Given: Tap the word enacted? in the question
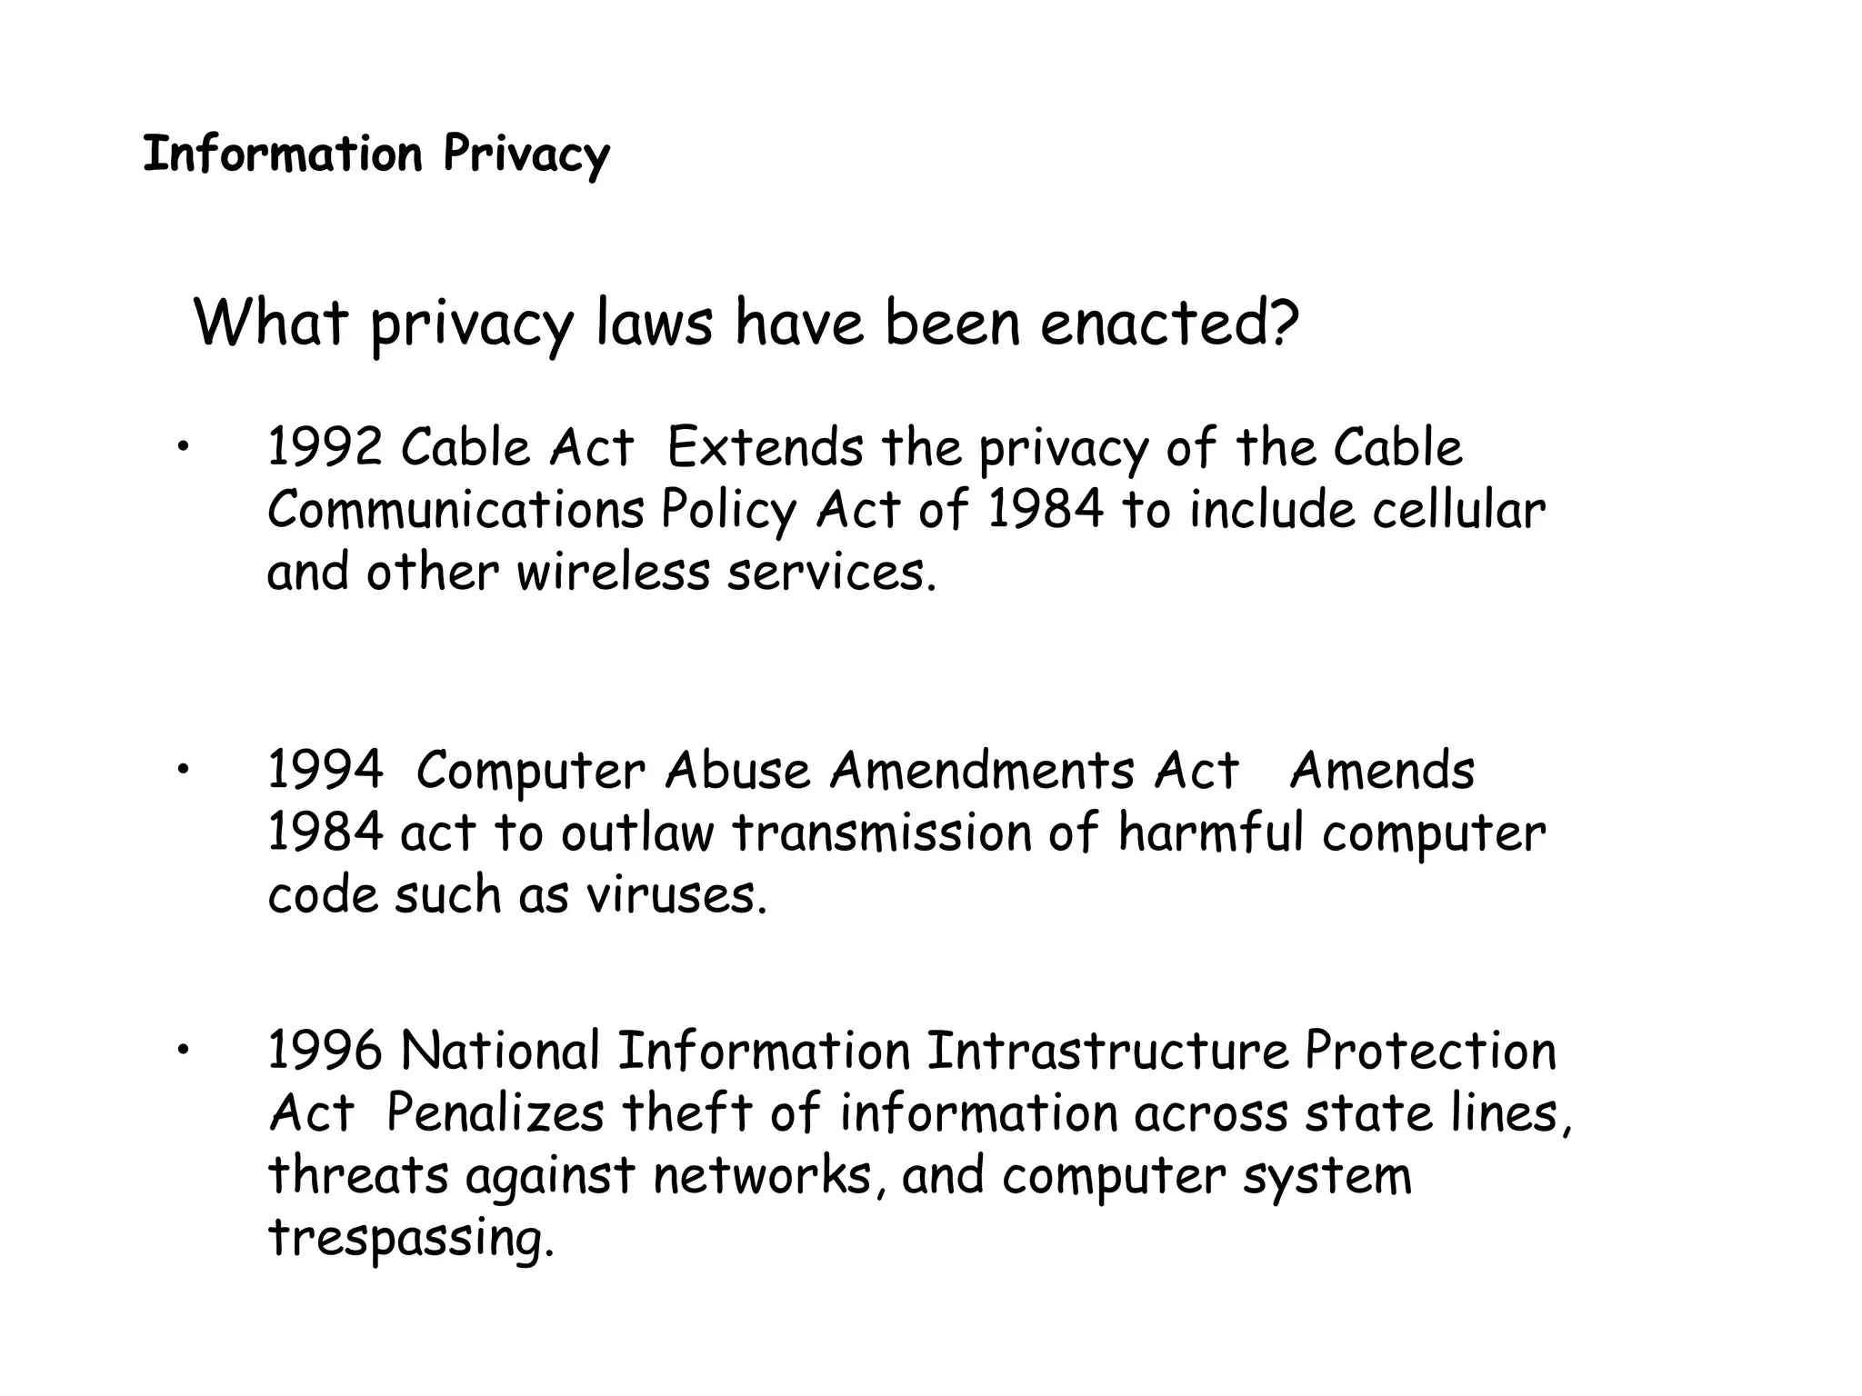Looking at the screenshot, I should [x=1170, y=324].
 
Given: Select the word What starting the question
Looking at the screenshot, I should [x=271, y=324].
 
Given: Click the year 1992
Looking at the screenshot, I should [x=325, y=448].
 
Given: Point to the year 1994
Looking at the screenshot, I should [x=325, y=771].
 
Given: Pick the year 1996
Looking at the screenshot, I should [x=325, y=1052].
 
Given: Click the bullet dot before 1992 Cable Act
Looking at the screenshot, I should [x=183, y=446].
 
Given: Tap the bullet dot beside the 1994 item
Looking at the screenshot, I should [x=183, y=770].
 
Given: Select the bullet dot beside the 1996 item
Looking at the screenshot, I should [x=183, y=1051].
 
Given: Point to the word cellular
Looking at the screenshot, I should [x=1458, y=510].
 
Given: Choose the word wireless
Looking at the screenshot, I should [x=613, y=573].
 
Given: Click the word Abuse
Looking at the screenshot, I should [x=737, y=771].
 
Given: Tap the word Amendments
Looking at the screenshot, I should [x=982, y=771].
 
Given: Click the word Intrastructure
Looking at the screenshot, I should [x=1107, y=1052].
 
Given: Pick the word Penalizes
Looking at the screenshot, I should [x=495, y=1113].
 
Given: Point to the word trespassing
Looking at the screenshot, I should [x=411, y=1239].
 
